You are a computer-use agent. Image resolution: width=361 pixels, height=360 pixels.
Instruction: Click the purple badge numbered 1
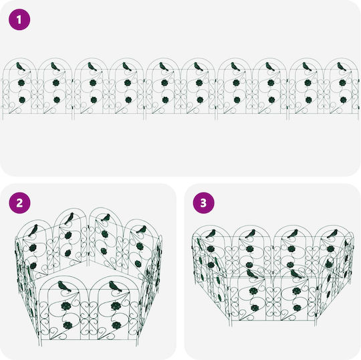click(x=19, y=19)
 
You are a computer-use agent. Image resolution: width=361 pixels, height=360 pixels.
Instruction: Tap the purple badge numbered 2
click(x=19, y=203)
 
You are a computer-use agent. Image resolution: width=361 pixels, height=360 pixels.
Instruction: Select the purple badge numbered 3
click(x=203, y=203)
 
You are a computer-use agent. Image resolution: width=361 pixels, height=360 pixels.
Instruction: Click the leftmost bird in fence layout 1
click(x=21, y=67)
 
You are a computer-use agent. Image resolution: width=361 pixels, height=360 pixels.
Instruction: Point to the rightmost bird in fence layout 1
click(x=342, y=67)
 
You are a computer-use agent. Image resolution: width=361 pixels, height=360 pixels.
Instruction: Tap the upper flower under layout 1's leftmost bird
click(x=21, y=82)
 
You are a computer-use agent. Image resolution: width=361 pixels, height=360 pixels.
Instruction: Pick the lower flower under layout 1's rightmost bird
click(x=343, y=100)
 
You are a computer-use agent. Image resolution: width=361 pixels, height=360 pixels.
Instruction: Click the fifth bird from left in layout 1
click(x=164, y=67)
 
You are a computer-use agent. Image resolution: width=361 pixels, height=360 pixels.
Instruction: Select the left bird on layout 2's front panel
click(x=64, y=286)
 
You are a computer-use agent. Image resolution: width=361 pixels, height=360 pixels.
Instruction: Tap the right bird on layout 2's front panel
click(x=115, y=286)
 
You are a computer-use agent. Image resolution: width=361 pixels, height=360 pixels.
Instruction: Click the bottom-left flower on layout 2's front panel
click(x=68, y=325)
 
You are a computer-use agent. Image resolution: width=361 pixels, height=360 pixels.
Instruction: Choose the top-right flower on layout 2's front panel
click(x=116, y=306)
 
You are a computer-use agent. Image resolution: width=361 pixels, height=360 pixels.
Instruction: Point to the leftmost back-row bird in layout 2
click(x=33, y=230)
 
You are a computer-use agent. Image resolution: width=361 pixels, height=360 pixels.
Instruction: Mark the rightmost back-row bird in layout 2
click(x=141, y=230)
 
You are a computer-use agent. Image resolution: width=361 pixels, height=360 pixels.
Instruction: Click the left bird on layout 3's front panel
click(x=252, y=274)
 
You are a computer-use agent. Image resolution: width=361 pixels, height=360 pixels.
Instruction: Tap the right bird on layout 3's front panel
click(x=296, y=274)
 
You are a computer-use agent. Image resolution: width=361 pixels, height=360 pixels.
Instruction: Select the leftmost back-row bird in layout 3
click(x=211, y=234)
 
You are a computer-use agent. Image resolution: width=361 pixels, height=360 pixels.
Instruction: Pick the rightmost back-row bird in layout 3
click(x=332, y=234)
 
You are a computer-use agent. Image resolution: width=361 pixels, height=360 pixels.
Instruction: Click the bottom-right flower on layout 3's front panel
click(x=297, y=308)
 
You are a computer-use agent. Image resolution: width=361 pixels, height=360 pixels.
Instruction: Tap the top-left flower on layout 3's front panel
click(x=253, y=291)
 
